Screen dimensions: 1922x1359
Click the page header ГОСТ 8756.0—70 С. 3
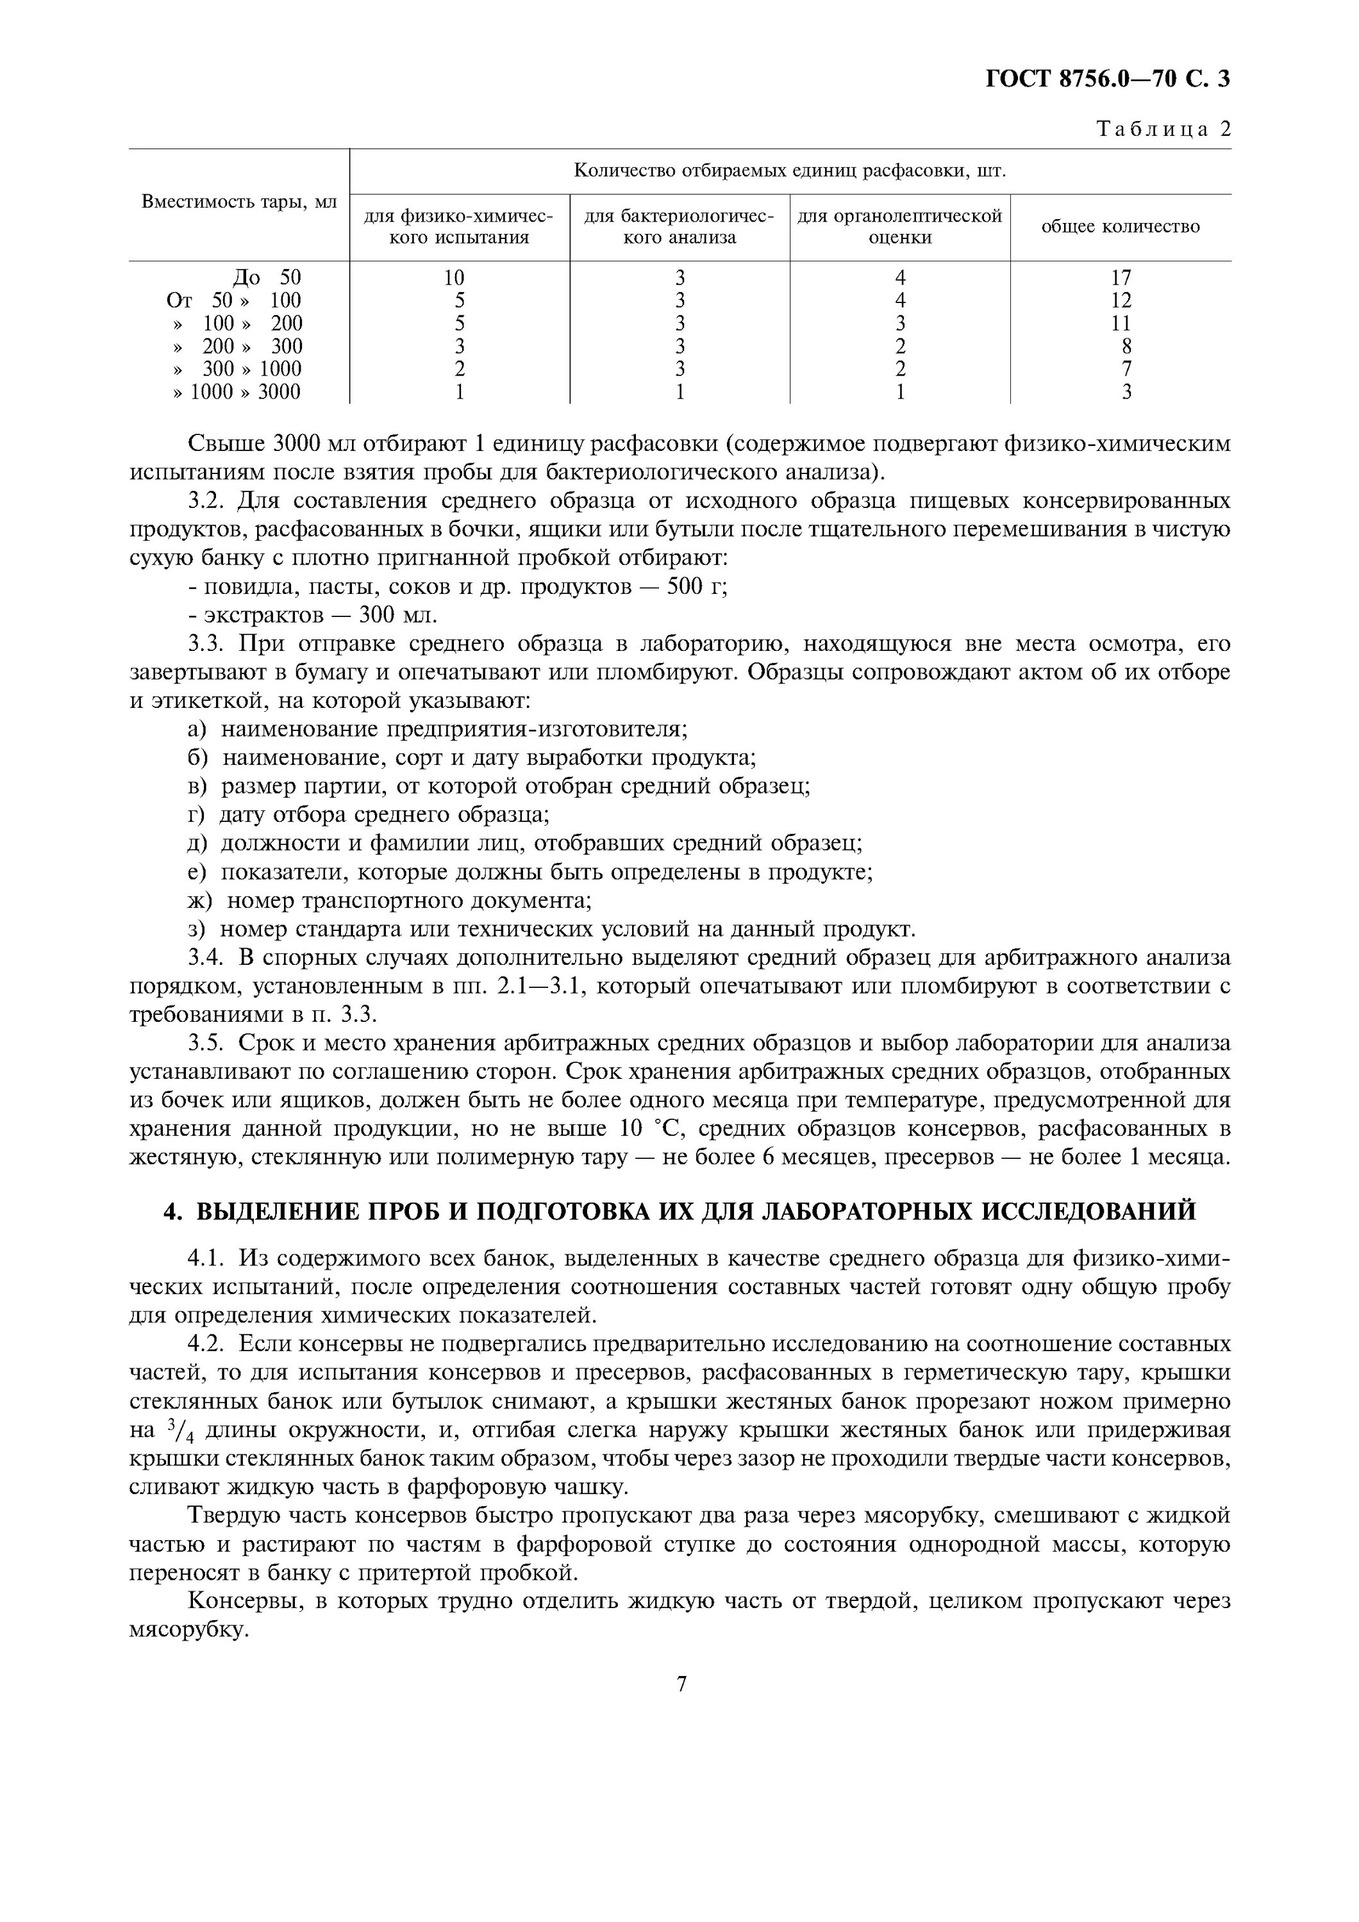tap(1107, 79)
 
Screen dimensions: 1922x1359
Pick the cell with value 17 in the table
tap(1121, 277)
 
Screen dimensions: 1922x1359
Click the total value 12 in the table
tap(1121, 300)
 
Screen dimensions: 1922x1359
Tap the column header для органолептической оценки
tap(899, 227)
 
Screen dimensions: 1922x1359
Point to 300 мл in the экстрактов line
tap(397, 615)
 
